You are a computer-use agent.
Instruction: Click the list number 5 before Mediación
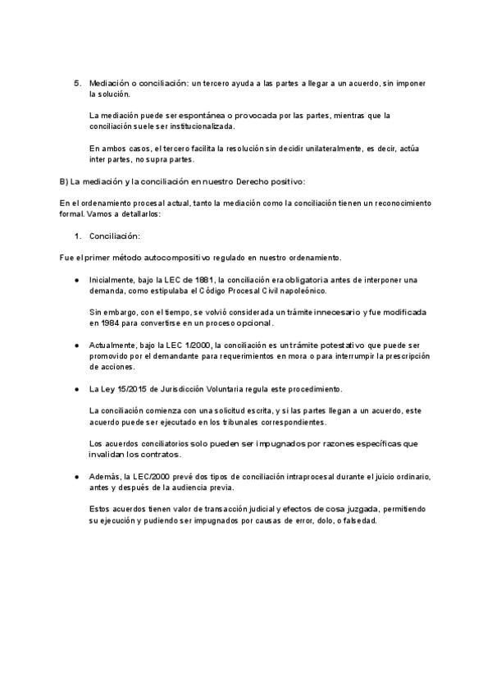click(77, 84)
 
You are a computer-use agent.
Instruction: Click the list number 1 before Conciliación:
click(77, 236)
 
